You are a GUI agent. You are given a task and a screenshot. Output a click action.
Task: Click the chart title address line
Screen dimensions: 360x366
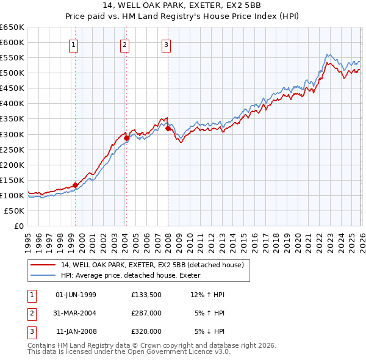pyautogui.click(x=182, y=5)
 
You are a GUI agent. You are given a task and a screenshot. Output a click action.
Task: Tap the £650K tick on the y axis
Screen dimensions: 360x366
pyautogui.click(x=13, y=27)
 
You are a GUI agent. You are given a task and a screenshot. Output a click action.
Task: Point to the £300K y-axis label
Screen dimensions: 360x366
pyautogui.click(x=13, y=134)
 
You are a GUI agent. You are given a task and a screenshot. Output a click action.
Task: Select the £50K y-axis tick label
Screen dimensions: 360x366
pyautogui.click(x=15, y=211)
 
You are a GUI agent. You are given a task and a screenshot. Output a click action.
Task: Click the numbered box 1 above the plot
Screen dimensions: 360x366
pyautogui.click(x=74, y=44)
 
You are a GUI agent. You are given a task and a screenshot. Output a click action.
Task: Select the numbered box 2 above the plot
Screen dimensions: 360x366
pyautogui.click(x=124, y=44)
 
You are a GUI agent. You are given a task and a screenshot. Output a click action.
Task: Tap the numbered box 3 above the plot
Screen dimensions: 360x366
pyautogui.click(x=166, y=44)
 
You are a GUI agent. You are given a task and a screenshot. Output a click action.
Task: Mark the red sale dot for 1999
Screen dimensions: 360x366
pyautogui.click(x=75, y=185)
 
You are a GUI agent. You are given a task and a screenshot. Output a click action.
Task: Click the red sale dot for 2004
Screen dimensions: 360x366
pyautogui.click(x=126, y=138)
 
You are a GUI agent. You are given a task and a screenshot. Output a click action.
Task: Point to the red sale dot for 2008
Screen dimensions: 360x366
pyautogui.click(x=168, y=128)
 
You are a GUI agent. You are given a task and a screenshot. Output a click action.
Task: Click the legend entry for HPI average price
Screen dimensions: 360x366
pyautogui.click(x=135, y=275)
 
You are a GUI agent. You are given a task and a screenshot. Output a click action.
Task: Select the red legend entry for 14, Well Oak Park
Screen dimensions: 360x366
pyautogui.click(x=152, y=265)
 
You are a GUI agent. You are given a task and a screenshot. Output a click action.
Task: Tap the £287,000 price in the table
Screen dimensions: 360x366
pyautogui.click(x=146, y=313)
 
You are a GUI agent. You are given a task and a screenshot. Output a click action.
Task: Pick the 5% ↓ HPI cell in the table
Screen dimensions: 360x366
pyautogui.click(x=209, y=331)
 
